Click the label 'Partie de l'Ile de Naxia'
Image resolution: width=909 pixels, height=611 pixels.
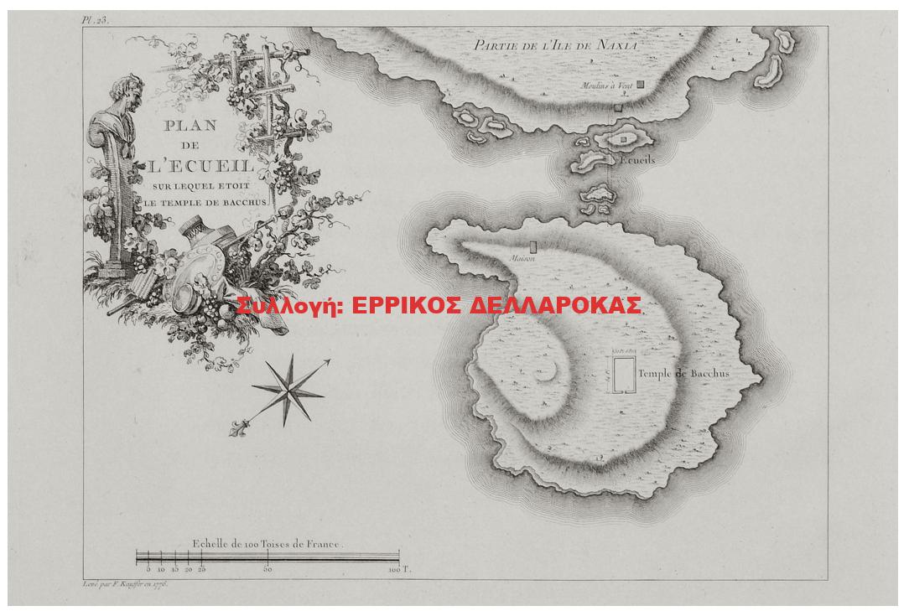[556, 45]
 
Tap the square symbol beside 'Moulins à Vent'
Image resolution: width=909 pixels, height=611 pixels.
[640, 85]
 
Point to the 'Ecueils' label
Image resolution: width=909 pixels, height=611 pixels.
[638, 159]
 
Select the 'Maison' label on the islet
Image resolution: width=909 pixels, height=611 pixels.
[522, 258]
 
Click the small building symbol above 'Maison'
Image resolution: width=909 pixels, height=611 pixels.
[532, 246]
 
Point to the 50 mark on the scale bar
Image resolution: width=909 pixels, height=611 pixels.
[268, 569]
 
